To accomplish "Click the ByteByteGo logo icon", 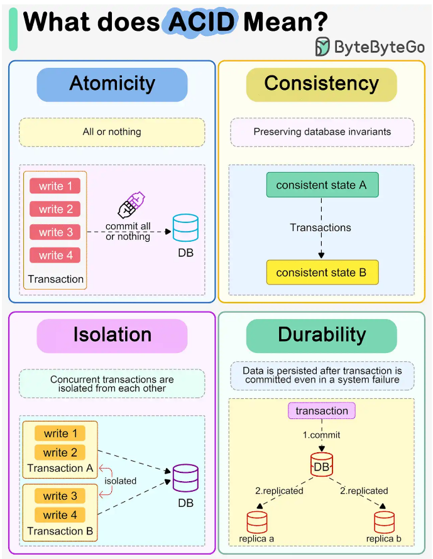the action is point(322,46).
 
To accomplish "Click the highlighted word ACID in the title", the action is point(201,22).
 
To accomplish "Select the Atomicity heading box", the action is point(112,85).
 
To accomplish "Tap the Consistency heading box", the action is point(321,85).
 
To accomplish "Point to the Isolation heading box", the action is point(112,336).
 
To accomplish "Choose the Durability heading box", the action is point(321,336).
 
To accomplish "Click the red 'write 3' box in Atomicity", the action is point(55,232).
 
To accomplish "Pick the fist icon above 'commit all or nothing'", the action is point(131,205).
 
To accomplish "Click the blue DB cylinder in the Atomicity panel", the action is point(185,227).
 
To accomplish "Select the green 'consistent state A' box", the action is point(322,185).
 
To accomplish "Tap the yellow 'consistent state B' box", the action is point(322,273).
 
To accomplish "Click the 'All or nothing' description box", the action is point(112,133).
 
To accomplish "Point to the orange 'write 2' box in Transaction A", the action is point(60,452).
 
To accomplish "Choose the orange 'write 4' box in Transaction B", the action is point(60,515).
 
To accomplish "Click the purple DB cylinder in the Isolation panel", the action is point(185,478).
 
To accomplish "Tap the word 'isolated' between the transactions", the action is point(121,481).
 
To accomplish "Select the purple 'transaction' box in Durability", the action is point(322,411).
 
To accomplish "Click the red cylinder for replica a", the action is point(257,523).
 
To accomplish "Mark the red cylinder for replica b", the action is point(384,523).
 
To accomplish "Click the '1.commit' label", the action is point(321,435).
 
